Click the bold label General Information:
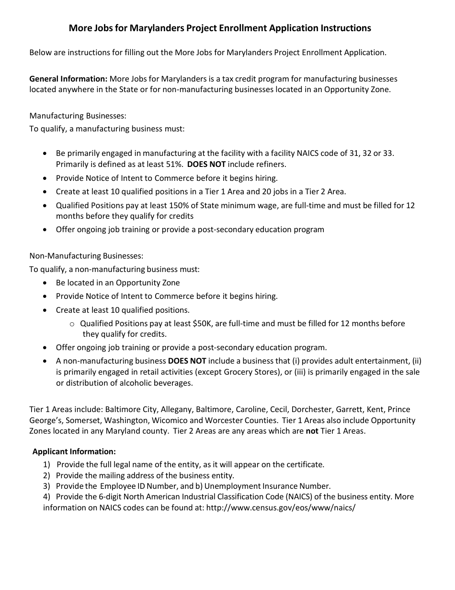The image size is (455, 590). pyautogui.click(x=68, y=79)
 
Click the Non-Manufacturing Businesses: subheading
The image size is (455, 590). pyautogui.click(x=86, y=256)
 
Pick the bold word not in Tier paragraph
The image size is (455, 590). pyautogui.click(x=312, y=431)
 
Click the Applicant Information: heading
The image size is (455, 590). pyautogui.click(x=74, y=451)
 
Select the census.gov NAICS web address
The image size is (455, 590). pyautogui.click(x=281, y=507)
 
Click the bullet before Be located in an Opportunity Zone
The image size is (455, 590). pyautogui.click(x=45, y=283)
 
